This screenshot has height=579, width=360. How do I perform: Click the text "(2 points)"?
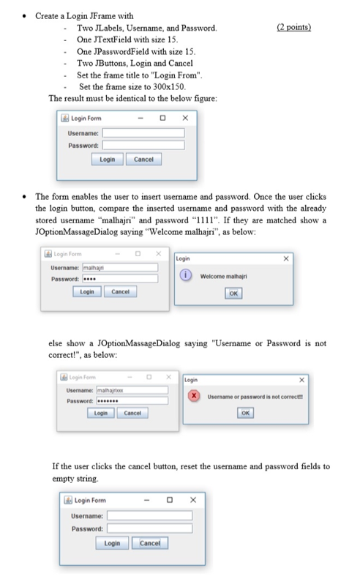(295, 28)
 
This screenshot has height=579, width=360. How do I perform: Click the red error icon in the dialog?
(195, 397)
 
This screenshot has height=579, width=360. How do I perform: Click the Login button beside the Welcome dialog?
(87, 291)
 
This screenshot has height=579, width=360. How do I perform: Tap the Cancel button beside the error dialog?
(132, 414)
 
